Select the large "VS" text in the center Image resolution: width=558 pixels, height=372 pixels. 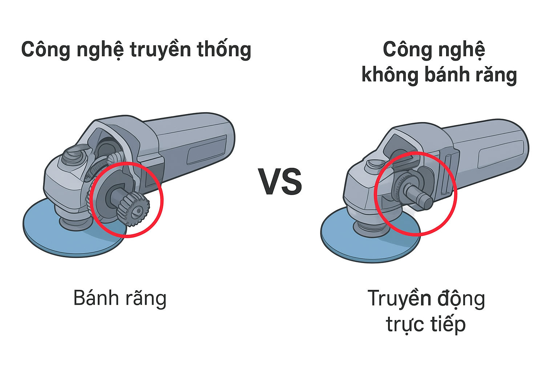(280, 181)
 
